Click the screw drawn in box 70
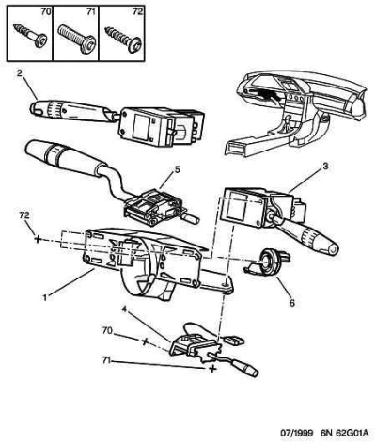(x=31, y=36)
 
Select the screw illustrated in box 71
(x=77, y=39)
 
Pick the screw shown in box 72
(x=124, y=40)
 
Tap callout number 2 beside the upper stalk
(x=20, y=73)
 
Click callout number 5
(x=177, y=169)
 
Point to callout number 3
(x=325, y=166)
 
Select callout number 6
(x=292, y=303)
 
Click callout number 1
(x=45, y=297)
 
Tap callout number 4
(x=124, y=309)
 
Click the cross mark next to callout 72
(x=38, y=240)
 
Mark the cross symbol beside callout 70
(x=145, y=341)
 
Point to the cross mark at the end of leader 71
(x=212, y=369)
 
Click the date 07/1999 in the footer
(x=296, y=433)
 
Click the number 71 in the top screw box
(x=90, y=12)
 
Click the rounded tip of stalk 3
(x=333, y=249)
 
